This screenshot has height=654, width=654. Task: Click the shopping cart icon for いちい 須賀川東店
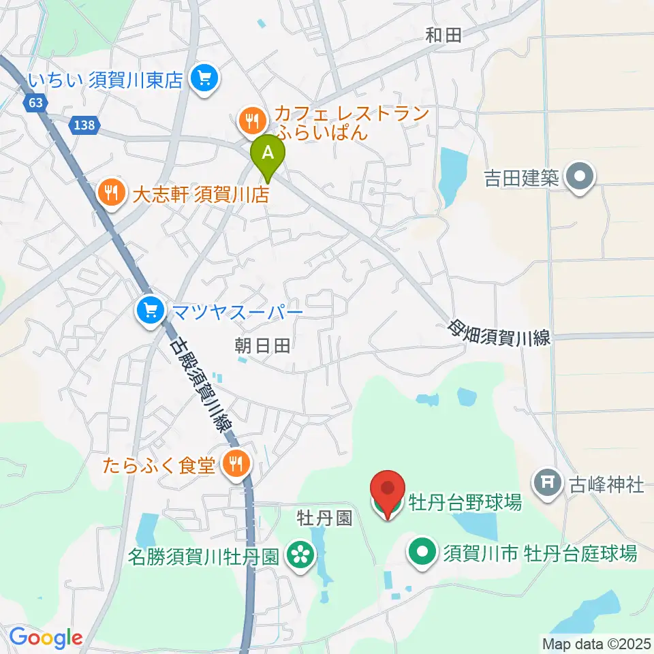[x=204, y=80]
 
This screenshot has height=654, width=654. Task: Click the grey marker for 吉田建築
[x=580, y=178]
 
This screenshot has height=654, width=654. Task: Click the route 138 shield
[x=86, y=125]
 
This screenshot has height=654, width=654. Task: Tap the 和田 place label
[x=443, y=35]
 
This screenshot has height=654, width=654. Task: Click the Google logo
[x=46, y=638]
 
